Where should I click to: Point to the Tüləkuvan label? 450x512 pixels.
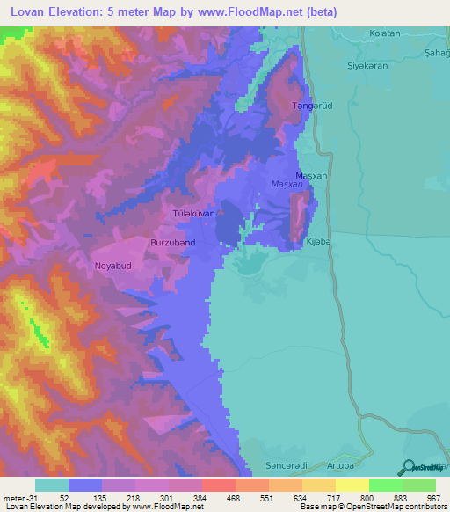(193, 214)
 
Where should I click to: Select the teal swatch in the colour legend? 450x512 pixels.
(52, 485)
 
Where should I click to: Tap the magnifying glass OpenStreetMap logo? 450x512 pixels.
(407, 467)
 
